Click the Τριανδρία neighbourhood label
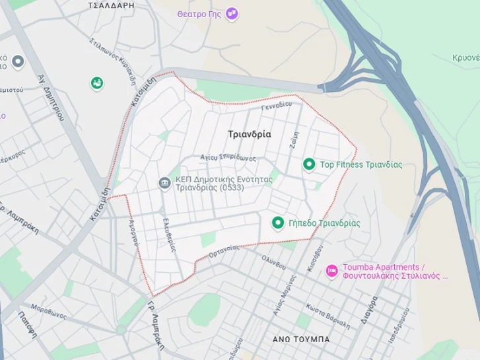point(250,134)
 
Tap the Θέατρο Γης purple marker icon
point(232,13)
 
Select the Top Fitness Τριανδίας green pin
point(308,164)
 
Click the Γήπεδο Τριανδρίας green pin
point(278,223)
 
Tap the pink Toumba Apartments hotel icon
point(332,270)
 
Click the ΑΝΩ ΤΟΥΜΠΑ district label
point(301,339)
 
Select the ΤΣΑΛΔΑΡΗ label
point(111,5)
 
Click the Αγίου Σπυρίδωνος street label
point(228,158)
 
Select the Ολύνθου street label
point(273,262)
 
